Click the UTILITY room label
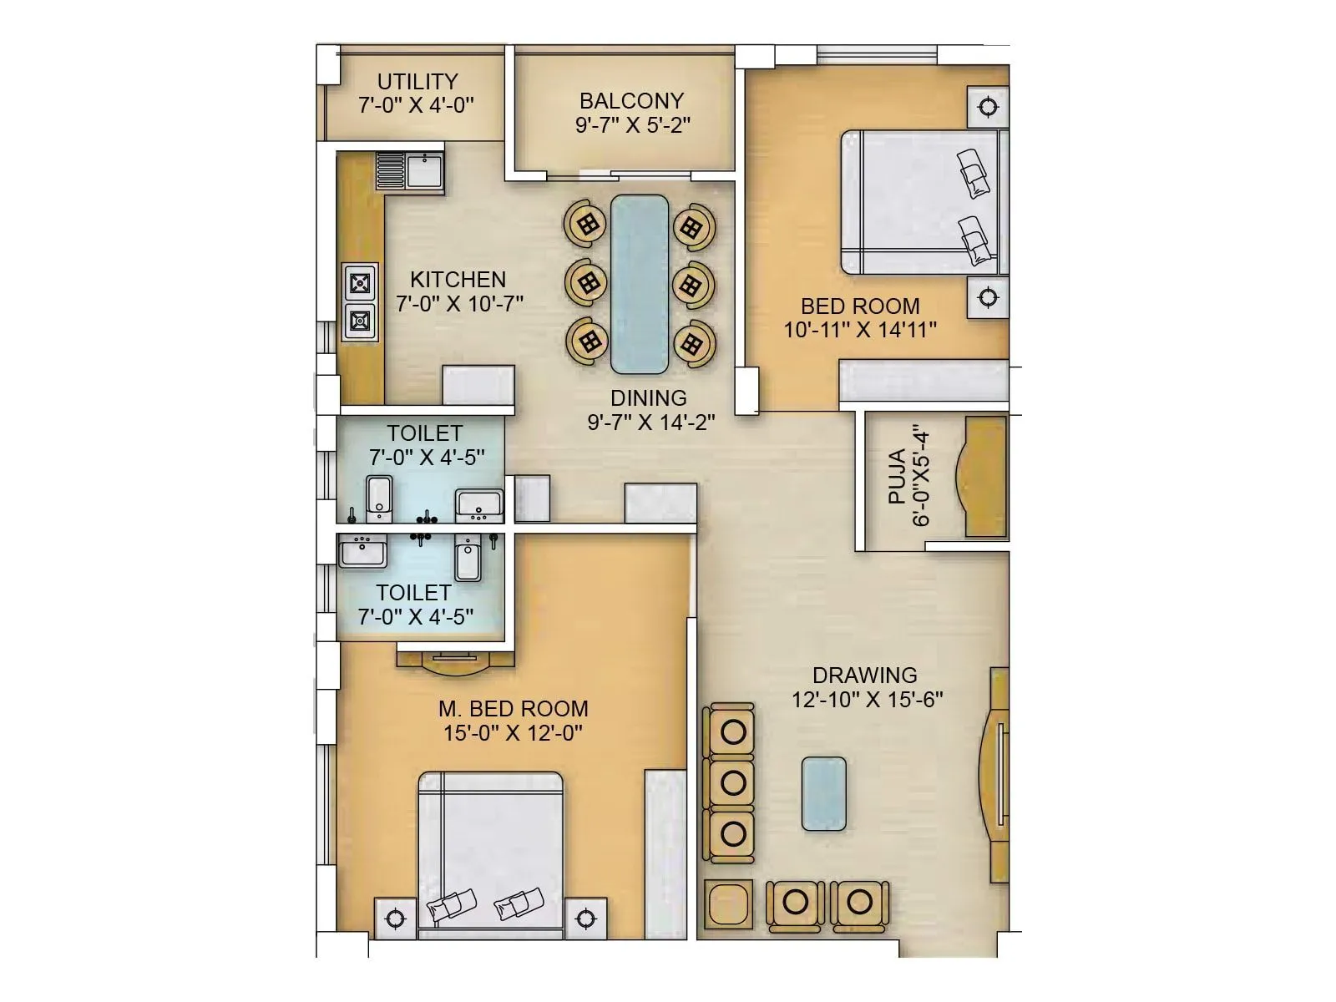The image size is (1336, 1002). click(417, 82)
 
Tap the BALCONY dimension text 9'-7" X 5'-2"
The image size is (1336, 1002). click(631, 125)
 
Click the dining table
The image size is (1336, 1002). click(640, 283)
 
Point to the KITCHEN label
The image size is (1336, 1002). click(458, 279)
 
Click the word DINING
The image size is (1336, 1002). click(648, 398)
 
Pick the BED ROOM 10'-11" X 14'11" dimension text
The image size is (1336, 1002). click(859, 330)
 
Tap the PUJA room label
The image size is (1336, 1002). click(897, 477)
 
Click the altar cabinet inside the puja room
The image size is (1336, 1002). click(986, 477)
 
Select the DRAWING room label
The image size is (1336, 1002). click(864, 675)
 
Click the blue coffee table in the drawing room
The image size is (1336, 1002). click(823, 793)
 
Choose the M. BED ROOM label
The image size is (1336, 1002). click(513, 709)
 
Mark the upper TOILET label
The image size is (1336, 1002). click(424, 433)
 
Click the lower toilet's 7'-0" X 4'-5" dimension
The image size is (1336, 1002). click(415, 617)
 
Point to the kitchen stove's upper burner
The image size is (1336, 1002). click(361, 283)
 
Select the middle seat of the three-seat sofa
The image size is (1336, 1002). click(732, 782)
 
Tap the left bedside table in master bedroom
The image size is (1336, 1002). click(395, 918)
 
